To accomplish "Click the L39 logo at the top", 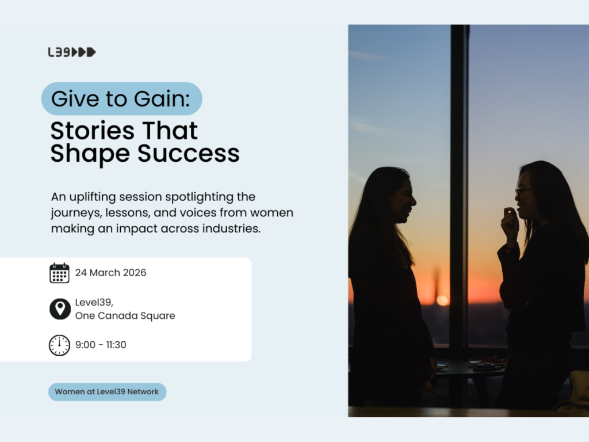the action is click(72, 52).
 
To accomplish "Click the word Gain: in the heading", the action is click(162, 98).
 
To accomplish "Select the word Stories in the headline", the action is click(93, 131).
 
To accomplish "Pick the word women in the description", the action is click(272, 213).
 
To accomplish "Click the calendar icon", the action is click(59, 273).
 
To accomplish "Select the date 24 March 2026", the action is click(111, 272).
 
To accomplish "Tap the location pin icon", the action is click(60, 309).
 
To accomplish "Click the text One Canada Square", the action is click(125, 316).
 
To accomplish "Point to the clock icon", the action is click(59, 345).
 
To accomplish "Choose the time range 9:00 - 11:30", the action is click(101, 345).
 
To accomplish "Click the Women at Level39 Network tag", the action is click(108, 391).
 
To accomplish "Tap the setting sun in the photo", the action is click(442, 300).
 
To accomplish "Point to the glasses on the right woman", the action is click(523, 192).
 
